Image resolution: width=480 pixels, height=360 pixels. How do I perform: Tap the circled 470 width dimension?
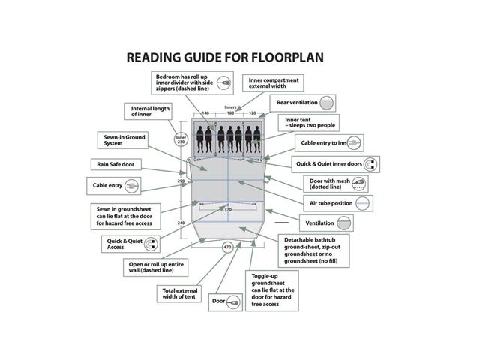[x=227, y=247]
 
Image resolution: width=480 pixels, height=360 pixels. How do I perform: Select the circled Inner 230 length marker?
[x=181, y=139]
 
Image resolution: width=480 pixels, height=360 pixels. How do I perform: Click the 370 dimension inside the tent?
[x=228, y=210]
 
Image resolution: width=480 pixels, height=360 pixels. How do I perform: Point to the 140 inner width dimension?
[x=205, y=113]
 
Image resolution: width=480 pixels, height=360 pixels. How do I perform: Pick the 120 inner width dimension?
[x=252, y=113]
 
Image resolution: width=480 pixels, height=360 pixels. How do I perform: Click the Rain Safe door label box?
[x=116, y=164]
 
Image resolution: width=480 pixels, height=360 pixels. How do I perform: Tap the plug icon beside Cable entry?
[x=132, y=186]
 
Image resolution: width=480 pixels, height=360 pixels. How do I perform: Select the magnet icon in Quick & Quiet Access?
[x=151, y=244]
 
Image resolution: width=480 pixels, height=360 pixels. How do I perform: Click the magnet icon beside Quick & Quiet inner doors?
[x=370, y=164]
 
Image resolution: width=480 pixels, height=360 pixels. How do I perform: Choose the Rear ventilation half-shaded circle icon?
[x=326, y=103]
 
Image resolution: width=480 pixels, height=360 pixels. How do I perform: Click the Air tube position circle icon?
[x=363, y=203]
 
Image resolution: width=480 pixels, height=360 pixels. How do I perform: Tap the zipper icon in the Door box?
[x=233, y=302]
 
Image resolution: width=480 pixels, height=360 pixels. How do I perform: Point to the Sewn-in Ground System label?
[x=123, y=140]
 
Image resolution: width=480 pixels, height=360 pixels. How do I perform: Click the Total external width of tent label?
[x=179, y=293]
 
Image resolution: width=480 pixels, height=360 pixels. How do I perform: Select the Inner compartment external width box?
[x=273, y=83]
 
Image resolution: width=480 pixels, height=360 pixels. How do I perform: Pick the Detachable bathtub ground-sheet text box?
[x=313, y=250]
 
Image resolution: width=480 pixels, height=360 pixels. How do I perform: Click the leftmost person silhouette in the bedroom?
[x=200, y=140]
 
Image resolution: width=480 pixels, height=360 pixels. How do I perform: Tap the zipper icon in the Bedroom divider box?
[x=224, y=82]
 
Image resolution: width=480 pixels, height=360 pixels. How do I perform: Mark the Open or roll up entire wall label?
[x=156, y=267]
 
